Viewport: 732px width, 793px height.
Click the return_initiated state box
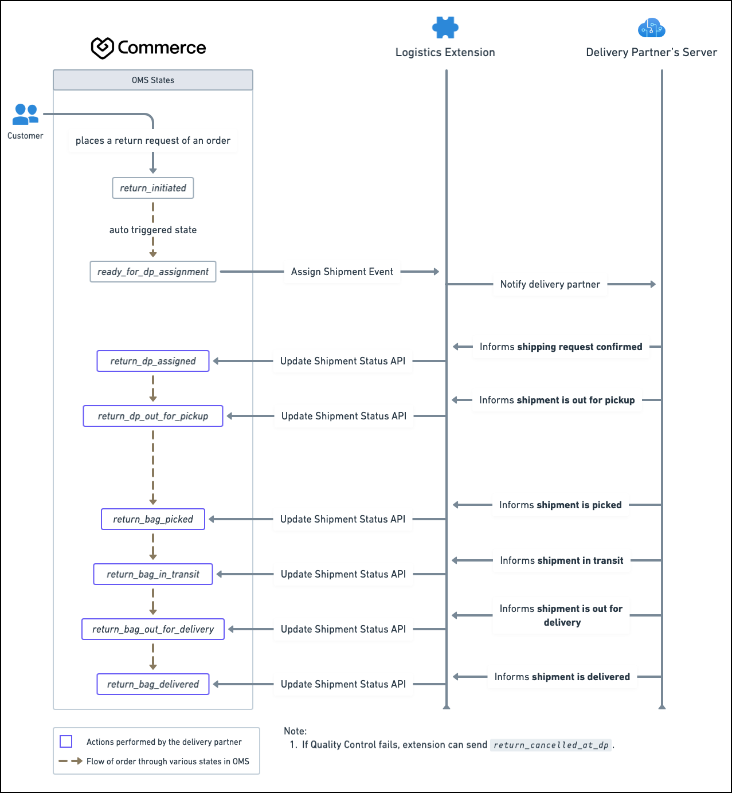click(x=152, y=188)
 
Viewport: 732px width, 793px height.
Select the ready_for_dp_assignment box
click(x=152, y=272)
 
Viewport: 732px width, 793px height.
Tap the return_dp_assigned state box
click(x=152, y=361)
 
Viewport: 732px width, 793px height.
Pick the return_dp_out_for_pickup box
click(x=152, y=416)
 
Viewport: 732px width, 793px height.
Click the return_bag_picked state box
click(x=152, y=519)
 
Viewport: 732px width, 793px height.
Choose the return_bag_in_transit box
click(x=152, y=574)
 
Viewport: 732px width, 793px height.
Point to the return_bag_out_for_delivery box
click(x=152, y=629)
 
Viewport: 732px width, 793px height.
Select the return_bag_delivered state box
click(x=152, y=684)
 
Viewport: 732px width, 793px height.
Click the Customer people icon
click(x=25, y=114)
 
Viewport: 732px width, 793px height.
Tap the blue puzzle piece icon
click(x=445, y=28)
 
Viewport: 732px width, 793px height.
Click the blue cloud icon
click(x=651, y=28)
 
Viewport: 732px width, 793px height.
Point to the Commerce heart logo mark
click(x=103, y=48)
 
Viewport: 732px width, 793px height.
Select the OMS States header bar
click(x=152, y=80)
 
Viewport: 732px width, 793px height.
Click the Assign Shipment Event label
click(x=342, y=272)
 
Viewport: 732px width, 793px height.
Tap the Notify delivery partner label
click(x=550, y=284)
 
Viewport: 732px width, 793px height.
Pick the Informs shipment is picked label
click(x=560, y=505)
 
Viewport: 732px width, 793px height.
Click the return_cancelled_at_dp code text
click(x=551, y=745)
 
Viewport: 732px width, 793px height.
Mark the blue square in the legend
click(x=66, y=741)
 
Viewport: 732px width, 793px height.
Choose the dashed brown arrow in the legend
click(x=71, y=761)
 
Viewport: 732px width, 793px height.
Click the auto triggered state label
click(x=152, y=230)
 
